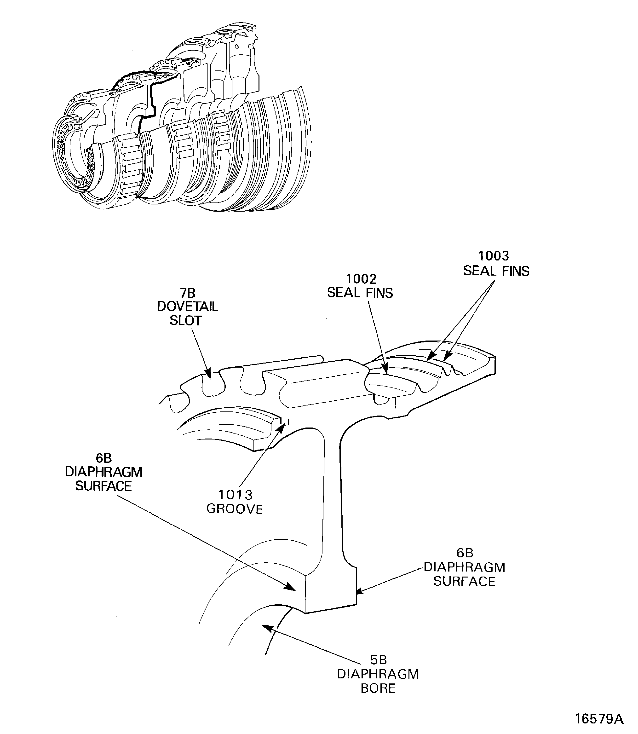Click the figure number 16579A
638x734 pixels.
pos(599,718)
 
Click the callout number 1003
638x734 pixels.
pos(494,256)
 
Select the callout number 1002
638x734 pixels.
pos(361,279)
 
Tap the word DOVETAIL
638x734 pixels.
pos(187,307)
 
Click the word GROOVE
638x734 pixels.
pos(235,509)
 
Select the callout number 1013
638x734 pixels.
pos(235,495)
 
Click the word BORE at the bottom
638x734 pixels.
pos(378,688)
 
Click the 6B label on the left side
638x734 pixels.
pos(103,458)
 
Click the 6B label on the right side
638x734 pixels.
pos(465,553)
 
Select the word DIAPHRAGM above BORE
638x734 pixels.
pos(378,674)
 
